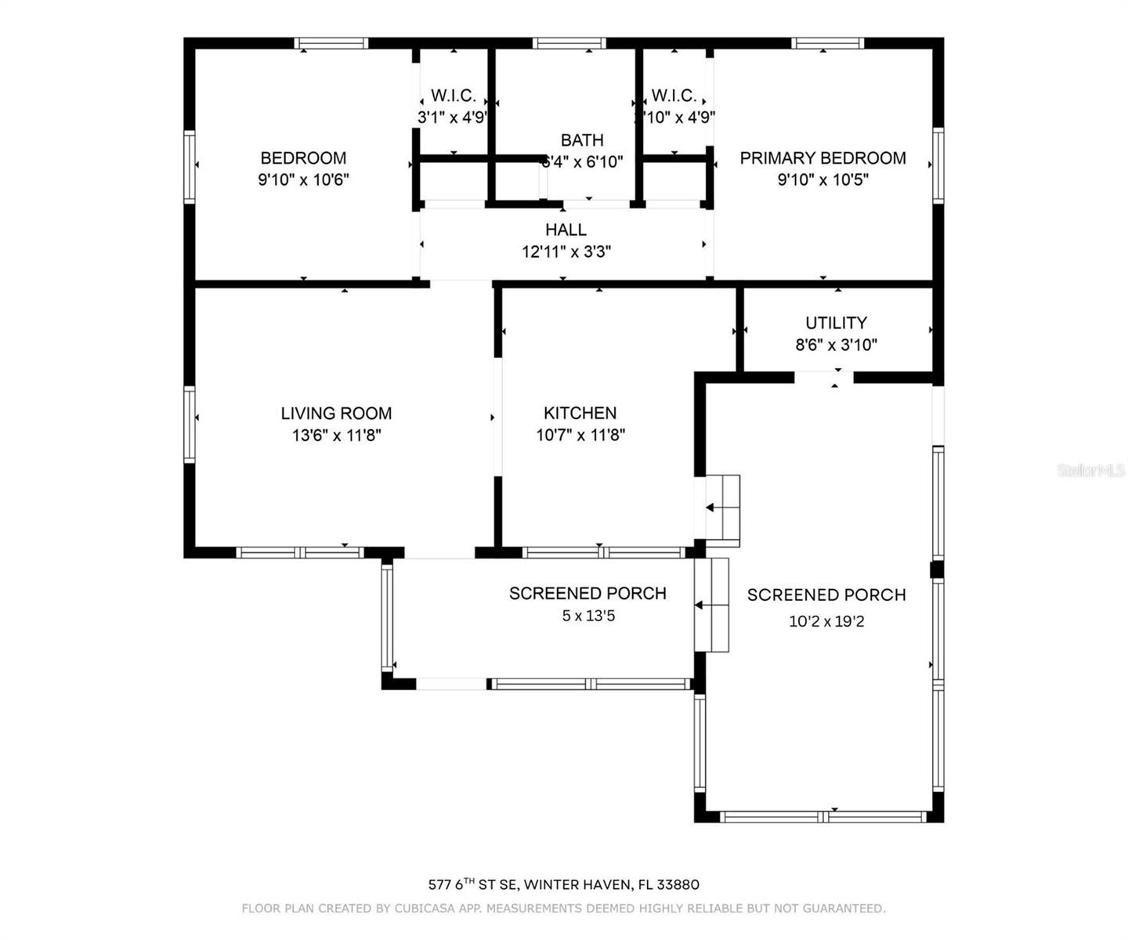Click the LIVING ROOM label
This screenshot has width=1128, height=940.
point(336,413)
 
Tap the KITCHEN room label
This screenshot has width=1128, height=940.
point(580,413)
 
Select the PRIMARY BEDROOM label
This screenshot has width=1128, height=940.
point(822,157)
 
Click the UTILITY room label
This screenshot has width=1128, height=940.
point(836,323)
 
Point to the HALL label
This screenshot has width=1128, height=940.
point(566,230)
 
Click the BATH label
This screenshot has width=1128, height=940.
point(582,140)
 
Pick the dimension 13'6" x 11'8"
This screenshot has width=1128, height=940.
point(336,436)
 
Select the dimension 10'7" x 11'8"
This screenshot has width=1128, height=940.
point(580,436)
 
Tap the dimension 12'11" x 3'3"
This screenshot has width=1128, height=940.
point(566,252)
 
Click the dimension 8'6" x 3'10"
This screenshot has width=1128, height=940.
point(836,345)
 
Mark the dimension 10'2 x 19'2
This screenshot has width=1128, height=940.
point(826,621)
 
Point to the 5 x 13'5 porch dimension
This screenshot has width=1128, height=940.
point(587,616)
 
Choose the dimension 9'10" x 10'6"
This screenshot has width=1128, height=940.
point(303,179)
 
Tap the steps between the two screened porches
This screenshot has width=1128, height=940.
point(711,605)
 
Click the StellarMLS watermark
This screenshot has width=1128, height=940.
point(1090,470)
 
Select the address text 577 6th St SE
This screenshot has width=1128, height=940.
point(472,884)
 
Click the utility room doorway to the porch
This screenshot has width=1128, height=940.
point(823,377)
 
